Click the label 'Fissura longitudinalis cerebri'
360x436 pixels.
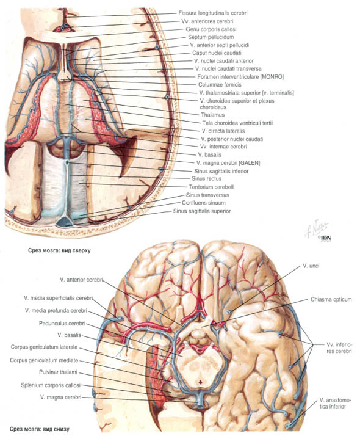(x=213, y=13)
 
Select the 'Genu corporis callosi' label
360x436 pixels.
(x=211, y=29)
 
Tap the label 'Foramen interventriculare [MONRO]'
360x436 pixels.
(x=240, y=77)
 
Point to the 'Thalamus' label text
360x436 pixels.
(x=212, y=115)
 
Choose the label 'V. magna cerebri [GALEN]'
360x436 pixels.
(x=228, y=163)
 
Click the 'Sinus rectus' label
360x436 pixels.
(x=206, y=179)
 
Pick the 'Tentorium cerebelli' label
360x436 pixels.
(x=212, y=187)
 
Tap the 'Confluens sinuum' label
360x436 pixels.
(x=204, y=203)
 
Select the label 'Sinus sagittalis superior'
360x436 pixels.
(x=202, y=211)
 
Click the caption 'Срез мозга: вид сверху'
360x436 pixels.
(x=59, y=250)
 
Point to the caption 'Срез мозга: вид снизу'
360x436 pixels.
(x=39, y=429)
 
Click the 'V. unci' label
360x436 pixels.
(x=311, y=266)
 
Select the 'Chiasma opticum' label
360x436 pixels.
(x=331, y=300)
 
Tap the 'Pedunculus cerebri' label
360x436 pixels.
(x=62, y=324)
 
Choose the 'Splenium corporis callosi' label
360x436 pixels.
(x=51, y=385)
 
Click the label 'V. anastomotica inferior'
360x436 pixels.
(x=335, y=403)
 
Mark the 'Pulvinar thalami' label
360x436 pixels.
(x=58, y=372)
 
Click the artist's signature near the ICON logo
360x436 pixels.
(x=317, y=228)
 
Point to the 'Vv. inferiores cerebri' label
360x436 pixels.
(x=339, y=347)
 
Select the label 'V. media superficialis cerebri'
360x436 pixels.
(x=58, y=298)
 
